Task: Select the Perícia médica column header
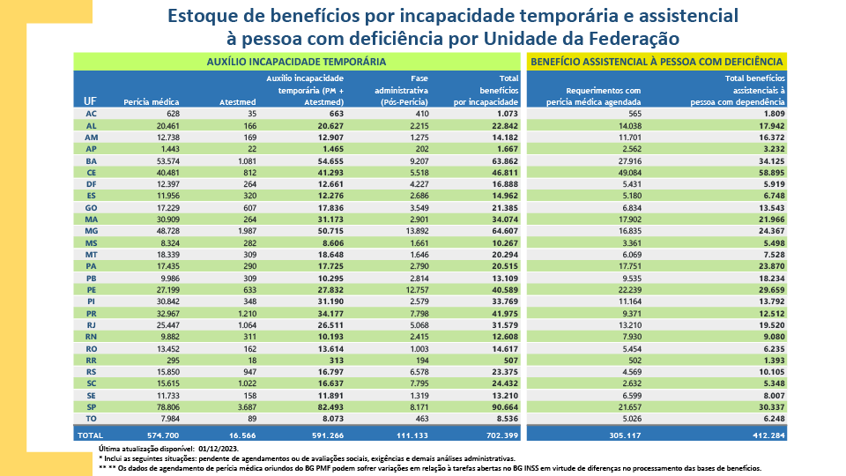tap(152, 102)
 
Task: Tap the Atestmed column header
tap(237, 102)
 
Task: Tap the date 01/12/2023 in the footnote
tap(196, 450)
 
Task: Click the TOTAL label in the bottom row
tap(91, 435)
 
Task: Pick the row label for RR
tap(91, 359)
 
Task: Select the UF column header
tap(90, 101)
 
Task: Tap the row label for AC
tap(91, 114)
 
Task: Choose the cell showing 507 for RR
tap(510, 359)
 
